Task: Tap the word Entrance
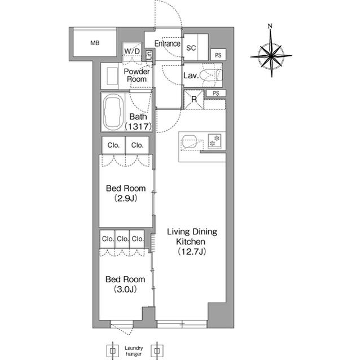[x=168, y=44]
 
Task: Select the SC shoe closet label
[x=191, y=48]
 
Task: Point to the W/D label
[x=133, y=52]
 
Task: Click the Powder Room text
[x=137, y=75]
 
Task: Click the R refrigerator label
[x=194, y=100]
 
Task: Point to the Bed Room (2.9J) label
[x=126, y=193]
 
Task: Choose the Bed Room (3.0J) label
[x=126, y=284]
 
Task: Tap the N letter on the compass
[x=270, y=26]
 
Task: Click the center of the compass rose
[x=271, y=55]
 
